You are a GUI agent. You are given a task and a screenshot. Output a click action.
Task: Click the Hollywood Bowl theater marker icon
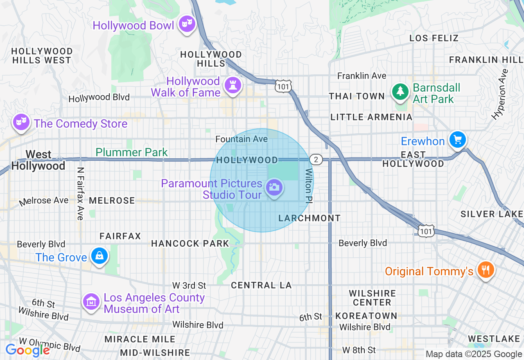tap(187, 24)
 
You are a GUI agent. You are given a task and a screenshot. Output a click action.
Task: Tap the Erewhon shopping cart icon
tap(457, 140)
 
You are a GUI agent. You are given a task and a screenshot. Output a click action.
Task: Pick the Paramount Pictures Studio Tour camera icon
tap(274, 188)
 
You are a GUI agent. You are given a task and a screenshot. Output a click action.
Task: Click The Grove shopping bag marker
tap(99, 256)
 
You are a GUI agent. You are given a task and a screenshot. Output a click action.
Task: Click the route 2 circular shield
tap(316, 160)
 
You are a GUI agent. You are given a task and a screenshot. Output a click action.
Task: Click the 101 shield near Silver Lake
tap(426, 231)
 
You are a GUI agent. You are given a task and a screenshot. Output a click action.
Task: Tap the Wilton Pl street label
tap(309, 185)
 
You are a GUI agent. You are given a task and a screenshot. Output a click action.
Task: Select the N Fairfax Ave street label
tap(80, 193)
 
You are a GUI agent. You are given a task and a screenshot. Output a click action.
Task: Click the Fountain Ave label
tap(242, 139)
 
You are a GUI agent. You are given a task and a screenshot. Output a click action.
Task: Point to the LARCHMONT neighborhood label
tap(309, 218)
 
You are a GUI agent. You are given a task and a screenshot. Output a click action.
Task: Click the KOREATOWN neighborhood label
tap(366, 316)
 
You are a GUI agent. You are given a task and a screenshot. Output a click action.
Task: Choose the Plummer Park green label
tap(131, 153)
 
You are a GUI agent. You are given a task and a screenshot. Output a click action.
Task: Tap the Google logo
tap(27, 350)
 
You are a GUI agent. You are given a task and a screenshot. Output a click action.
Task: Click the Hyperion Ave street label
tap(500, 94)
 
